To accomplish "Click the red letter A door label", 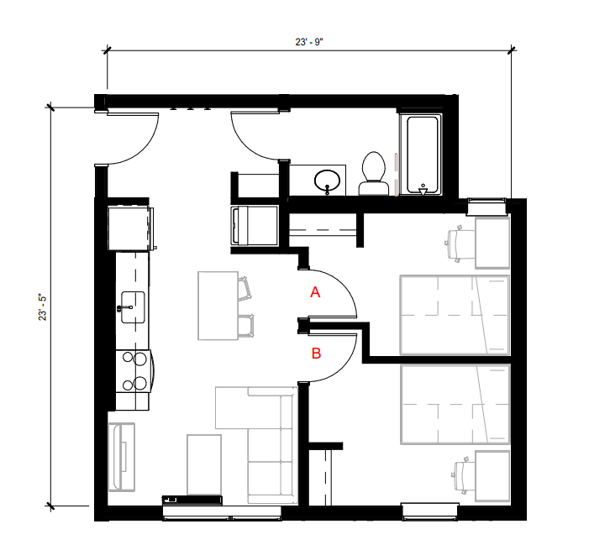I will click(316, 292).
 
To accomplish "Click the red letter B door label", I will click(316, 354).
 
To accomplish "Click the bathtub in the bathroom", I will click(421, 155).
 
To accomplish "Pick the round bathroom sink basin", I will click(328, 180).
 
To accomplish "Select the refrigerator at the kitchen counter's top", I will click(130, 227).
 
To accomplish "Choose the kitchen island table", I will click(218, 305).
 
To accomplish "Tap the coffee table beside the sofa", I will click(204, 464).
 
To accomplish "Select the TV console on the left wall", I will click(123, 458).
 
